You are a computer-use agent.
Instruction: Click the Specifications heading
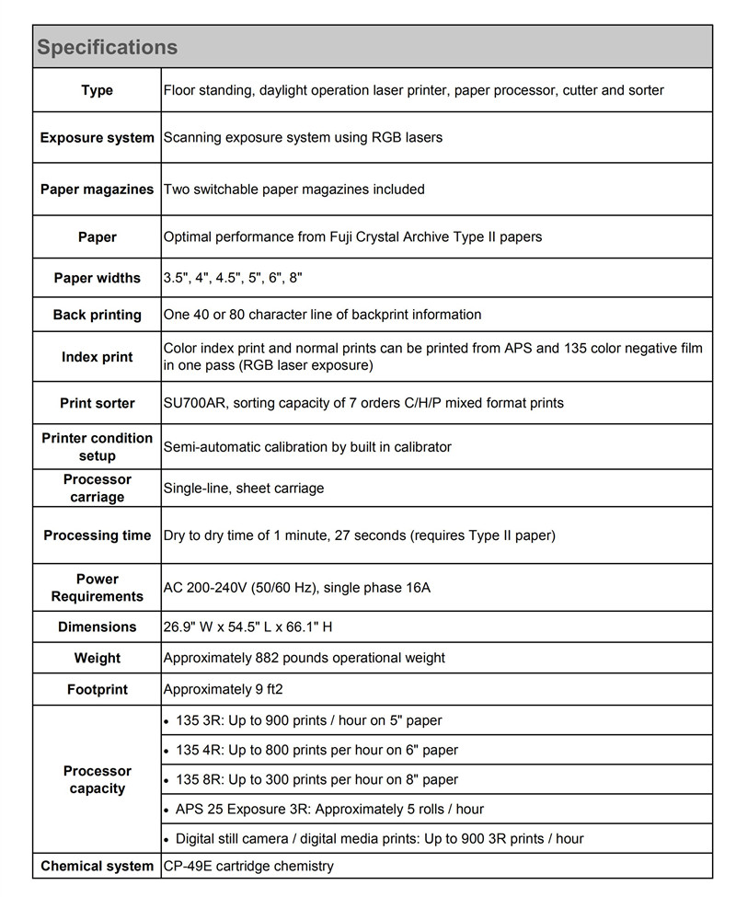click(107, 47)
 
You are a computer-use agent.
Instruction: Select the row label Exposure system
click(98, 138)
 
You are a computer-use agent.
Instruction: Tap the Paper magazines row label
click(98, 190)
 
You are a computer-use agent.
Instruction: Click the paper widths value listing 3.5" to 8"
click(233, 278)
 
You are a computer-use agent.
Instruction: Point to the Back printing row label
click(98, 315)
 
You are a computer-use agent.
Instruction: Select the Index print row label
click(98, 357)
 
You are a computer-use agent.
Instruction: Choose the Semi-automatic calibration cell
click(307, 447)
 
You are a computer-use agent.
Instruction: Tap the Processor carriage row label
click(98, 489)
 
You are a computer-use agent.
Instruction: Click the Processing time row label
click(98, 535)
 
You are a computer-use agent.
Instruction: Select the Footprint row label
click(98, 689)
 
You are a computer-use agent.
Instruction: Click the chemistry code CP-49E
click(188, 866)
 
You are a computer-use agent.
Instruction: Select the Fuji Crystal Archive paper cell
click(352, 237)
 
